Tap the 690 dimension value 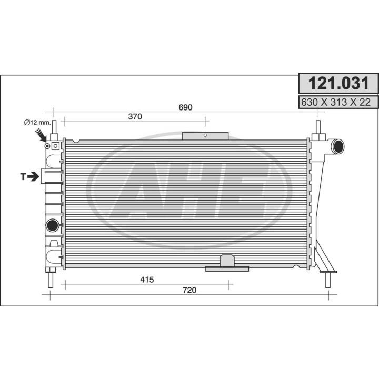click(186, 107)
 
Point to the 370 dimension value click(135, 117)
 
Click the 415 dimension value click(147, 280)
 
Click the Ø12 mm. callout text click(37, 123)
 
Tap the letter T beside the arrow click(24, 177)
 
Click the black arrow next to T click(34, 177)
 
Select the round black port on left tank click(52, 226)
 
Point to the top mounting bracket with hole click(205, 136)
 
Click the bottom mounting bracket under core click(227, 264)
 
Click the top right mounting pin click(318, 127)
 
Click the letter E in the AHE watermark click(245, 189)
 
